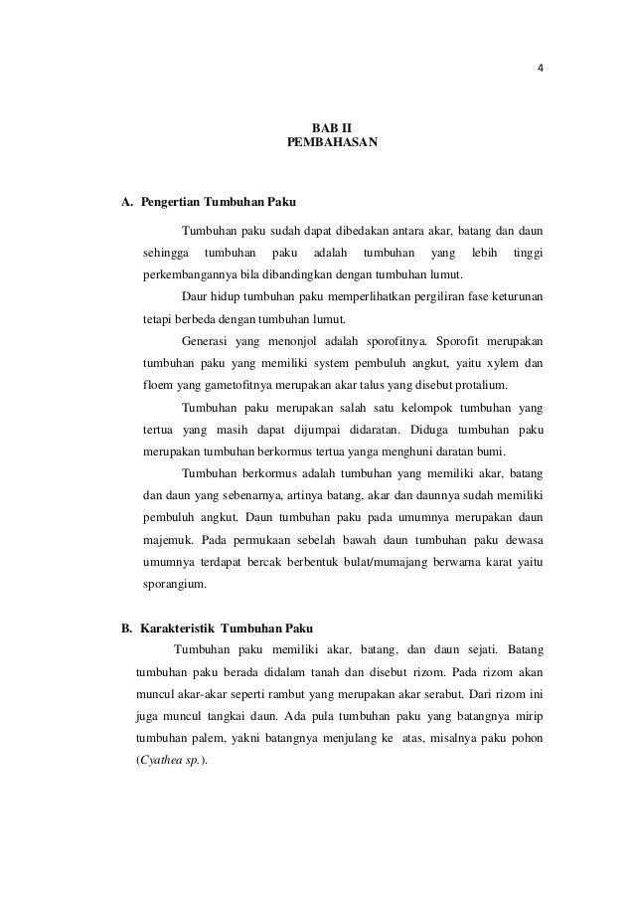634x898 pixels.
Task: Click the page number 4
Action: coord(541,70)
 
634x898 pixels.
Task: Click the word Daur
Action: coord(197,296)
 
